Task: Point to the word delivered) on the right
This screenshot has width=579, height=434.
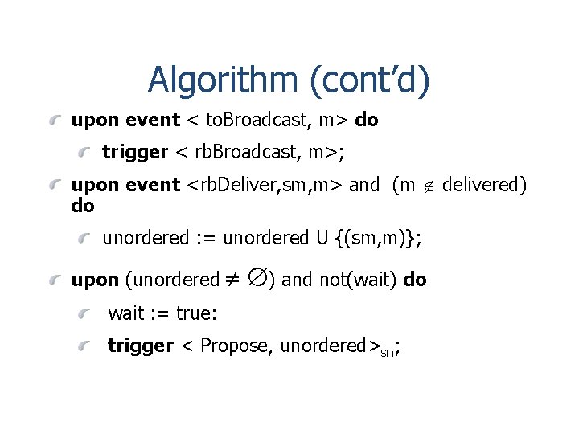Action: pyautogui.click(x=484, y=186)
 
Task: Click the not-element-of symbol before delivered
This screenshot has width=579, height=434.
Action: pyautogui.click(x=429, y=186)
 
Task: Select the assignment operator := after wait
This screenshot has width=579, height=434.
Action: pyautogui.click(x=162, y=313)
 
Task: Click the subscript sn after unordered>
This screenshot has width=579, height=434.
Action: pyautogui.click(x=387, y=351)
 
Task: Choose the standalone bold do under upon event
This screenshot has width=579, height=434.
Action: pyautogui.click(x=83, y=206)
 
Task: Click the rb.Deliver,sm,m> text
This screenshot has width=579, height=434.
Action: pyautogui.click(x=265, y=186)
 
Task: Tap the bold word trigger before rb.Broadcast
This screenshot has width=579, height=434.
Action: pyautogui.click(x=135, y=152)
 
